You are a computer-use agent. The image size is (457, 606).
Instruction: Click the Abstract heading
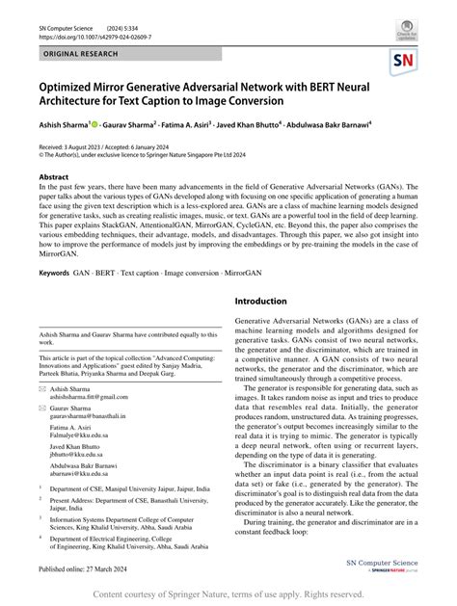(x=53, y=177)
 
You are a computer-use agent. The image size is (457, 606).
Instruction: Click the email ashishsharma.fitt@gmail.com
(x=91, y=394)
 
